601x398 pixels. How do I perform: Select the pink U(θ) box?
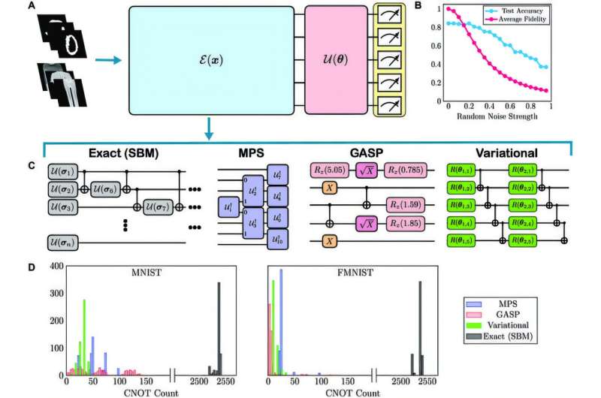pyautogui.click(x=334, y=59)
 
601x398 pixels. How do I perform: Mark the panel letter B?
pyautogui.click(x=438, y=7)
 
